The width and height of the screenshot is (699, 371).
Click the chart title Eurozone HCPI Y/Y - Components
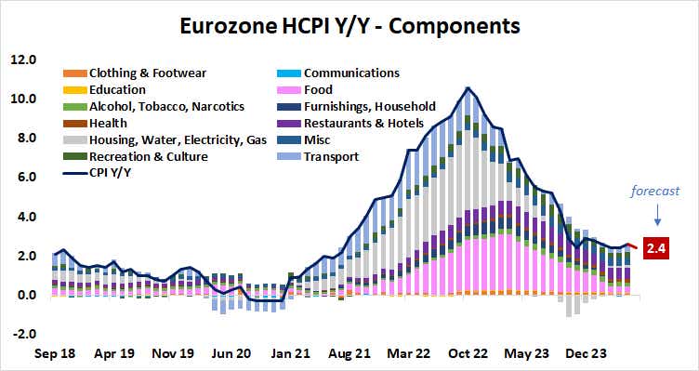click(x=349, y=22)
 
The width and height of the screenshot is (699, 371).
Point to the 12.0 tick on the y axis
click(x=23, y=59)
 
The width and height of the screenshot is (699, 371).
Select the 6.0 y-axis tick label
click(x=23, y=177)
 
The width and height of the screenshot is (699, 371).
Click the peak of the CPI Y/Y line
click(x=468, y=88)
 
